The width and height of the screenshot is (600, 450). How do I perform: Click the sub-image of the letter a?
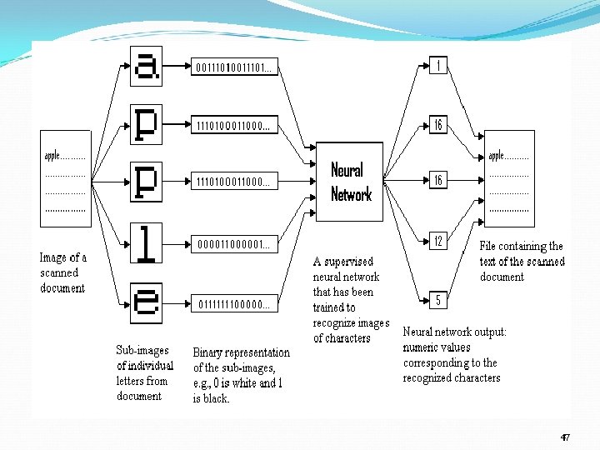point(146,65)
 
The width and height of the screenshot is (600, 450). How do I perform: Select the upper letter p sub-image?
point(146,125)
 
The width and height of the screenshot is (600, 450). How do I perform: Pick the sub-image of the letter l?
point(146,243)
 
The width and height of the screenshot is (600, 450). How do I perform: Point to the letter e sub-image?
point(146,302)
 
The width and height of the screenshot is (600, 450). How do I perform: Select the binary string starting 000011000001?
point(233,244)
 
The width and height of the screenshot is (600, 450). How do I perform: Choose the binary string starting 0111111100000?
point(233,304)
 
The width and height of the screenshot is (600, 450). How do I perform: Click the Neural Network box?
point(351,182)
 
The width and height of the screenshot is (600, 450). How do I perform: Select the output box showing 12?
point(437,241)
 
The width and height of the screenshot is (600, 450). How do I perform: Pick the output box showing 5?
point(437,299)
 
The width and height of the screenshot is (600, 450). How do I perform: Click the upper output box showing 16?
point(437,125)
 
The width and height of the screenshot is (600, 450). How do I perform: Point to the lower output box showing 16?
point(437,180)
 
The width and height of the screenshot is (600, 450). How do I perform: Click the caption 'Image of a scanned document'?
point(63,273)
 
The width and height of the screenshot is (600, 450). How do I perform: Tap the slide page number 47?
point(565,437)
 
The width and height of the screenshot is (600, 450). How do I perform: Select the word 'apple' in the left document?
point(53,156)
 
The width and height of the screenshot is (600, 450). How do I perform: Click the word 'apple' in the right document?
point(497,156)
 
